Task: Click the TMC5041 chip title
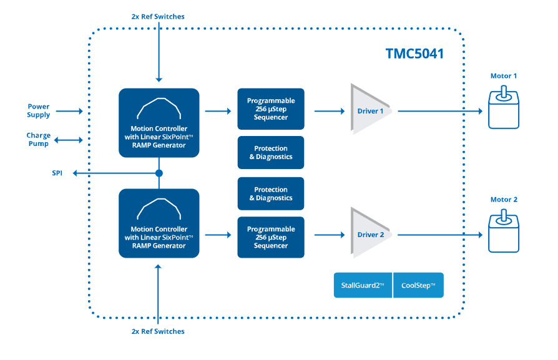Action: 414,54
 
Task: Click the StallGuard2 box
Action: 363,285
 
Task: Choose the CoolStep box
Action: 418,285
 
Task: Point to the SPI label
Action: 57,173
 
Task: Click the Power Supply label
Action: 38,110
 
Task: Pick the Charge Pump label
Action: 38,140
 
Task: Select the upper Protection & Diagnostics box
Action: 270,152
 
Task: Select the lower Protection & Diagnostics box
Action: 270,193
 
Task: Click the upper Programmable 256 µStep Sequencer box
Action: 270,109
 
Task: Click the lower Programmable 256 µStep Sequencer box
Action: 270,238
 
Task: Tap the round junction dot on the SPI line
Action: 159,173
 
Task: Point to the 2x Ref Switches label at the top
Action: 158,16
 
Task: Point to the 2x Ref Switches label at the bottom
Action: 158,331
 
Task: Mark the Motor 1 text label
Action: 503,76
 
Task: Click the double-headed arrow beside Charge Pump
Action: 68,140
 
